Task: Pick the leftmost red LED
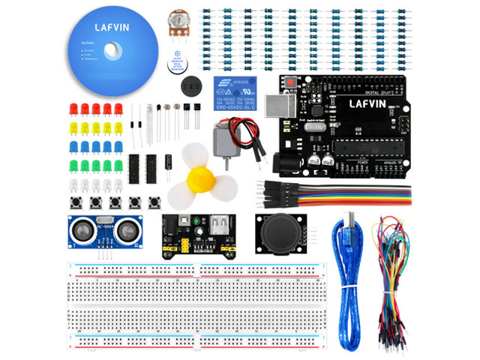point(73,109)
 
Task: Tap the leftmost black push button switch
point(76,202)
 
